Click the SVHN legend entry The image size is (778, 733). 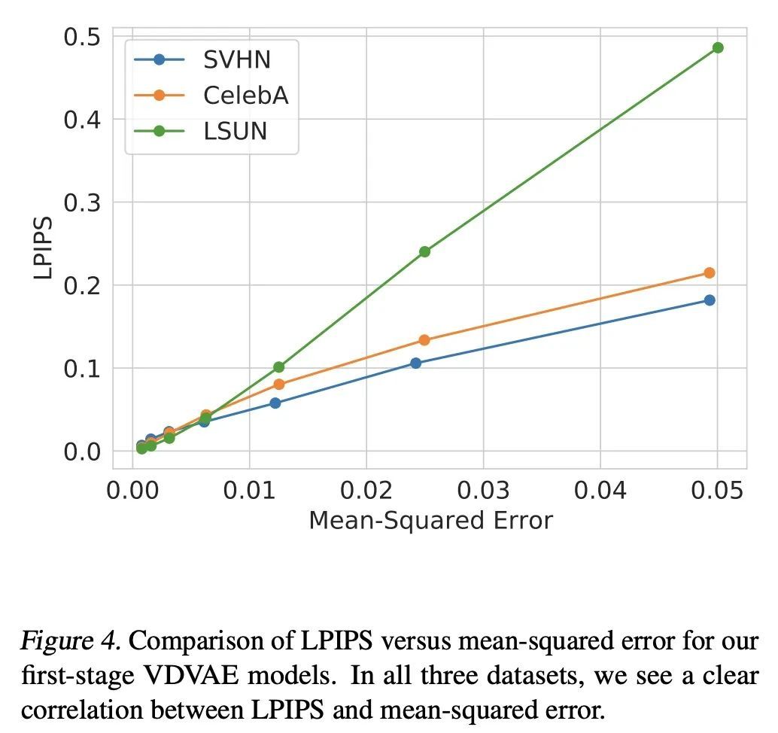pos(236,59)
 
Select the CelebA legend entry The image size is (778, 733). pos(245,96)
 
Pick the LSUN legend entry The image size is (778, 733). pos(235,131)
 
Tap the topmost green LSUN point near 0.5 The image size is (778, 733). pos(718,47)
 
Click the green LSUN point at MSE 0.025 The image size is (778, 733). pos(424,251)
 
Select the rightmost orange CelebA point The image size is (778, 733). pos(709,272)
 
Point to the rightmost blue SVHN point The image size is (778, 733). pos(709,300)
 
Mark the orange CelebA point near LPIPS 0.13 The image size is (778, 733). pos(424,340)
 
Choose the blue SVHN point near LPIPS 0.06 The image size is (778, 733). pos(275,403)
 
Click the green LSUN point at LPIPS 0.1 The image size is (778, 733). pos(279,367)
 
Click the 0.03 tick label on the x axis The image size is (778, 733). pos(483,491)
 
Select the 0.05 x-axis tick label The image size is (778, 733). pos(717,491)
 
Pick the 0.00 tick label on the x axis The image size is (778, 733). pos(132,491)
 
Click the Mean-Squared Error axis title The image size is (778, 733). pos(430,520)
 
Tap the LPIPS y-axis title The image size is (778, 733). pos(44,248)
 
